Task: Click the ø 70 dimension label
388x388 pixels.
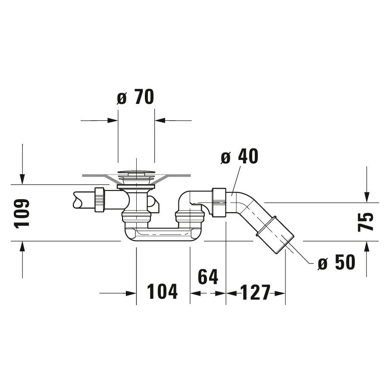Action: click(x=135, y=97)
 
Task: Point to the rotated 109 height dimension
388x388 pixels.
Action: click(x=22, y=213)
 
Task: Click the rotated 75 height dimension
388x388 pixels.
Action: click(x=366, y=222)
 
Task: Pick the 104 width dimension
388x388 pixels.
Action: click(x=163, y=292)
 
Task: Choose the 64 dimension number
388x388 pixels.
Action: click(x=208, y=277)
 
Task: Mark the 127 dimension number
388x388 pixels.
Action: click(x=255, y=293)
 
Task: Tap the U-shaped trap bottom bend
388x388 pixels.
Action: click(x=163, y=235)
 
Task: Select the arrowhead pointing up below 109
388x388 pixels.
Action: click(x=22, y=247)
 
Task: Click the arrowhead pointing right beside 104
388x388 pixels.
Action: click(x=131, y=293)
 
